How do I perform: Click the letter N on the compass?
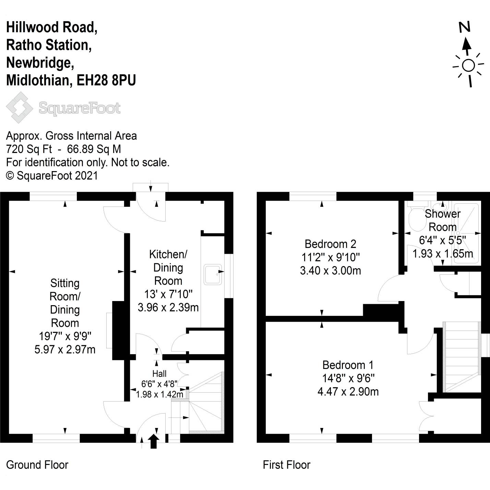pos(465,27)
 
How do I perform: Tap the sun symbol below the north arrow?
pos(468,65)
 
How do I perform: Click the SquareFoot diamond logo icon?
pos(20,107)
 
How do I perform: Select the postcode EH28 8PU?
pos(106,80)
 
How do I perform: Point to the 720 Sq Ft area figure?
pos(29,149)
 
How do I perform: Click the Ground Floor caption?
pos(37,465)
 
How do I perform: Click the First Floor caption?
pos(286,465)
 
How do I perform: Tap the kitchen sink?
pos(213,274)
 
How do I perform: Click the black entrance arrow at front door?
pos(153,441)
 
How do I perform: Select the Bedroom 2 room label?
pos(330,244)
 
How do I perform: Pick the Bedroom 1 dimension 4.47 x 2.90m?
pos(348,391)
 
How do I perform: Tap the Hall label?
pos(159,373)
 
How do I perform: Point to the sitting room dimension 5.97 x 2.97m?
pos(65,349)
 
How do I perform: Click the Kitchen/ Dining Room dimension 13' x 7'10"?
pos(168,294)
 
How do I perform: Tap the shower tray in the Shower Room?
pos(466,233)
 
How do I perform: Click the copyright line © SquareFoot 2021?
pos(52,176)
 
